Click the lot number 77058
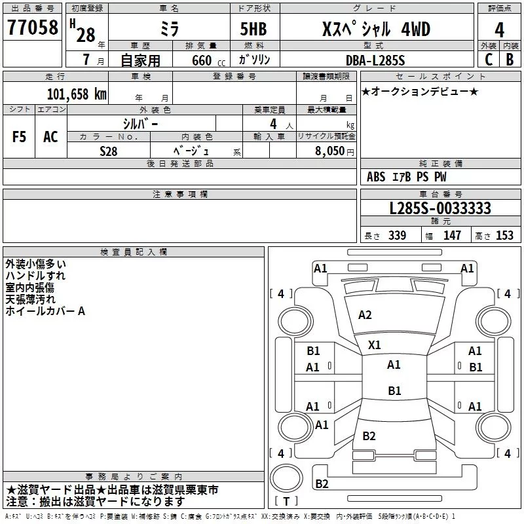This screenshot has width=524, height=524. [x=32, y=27]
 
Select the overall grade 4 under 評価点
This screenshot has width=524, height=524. [x=499, y=29]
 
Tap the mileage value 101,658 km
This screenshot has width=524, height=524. [x=77, y=94]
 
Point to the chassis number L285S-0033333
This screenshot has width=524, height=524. [x=440, y=208]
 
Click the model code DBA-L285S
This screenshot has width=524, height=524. [x=375, y=60]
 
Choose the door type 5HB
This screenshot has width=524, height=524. [x=253, y=29]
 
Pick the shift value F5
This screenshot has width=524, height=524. [x=19, y=137]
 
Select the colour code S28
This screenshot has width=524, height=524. [x=108, y=151]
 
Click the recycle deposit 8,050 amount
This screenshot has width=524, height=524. [x=330, y=151]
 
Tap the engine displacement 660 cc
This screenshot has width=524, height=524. [x=208, y=60]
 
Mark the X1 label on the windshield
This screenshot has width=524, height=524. [x=374, y=345]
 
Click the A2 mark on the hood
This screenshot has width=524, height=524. [x=365, y=315]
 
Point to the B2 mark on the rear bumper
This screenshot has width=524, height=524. [x=322, y=483]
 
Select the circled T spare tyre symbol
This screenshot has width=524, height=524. [x=286, y=478]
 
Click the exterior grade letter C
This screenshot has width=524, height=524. [x=489, y=60]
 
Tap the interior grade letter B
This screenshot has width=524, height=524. [x=510, y=60]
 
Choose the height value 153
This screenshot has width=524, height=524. [x=504, y=235]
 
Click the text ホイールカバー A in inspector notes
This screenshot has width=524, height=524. [x=45, y=311]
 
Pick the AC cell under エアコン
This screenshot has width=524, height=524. [x=51, y=137]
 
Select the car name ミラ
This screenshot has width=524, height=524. [x=170, y=29]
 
